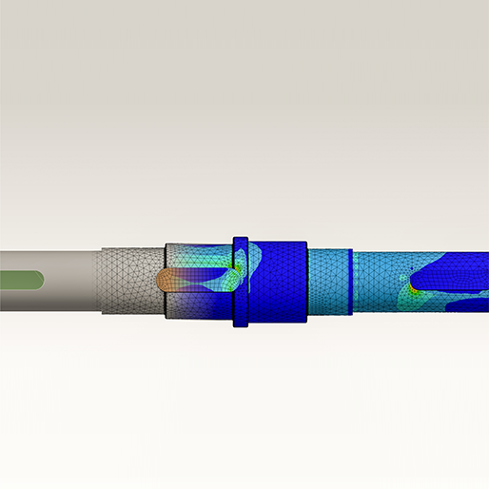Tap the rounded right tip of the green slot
click(39, 280)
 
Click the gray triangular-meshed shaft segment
click(128, 281)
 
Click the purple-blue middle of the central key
click(200, 280)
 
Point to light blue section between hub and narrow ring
click(328, 282)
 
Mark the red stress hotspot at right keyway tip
click(412, 283)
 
